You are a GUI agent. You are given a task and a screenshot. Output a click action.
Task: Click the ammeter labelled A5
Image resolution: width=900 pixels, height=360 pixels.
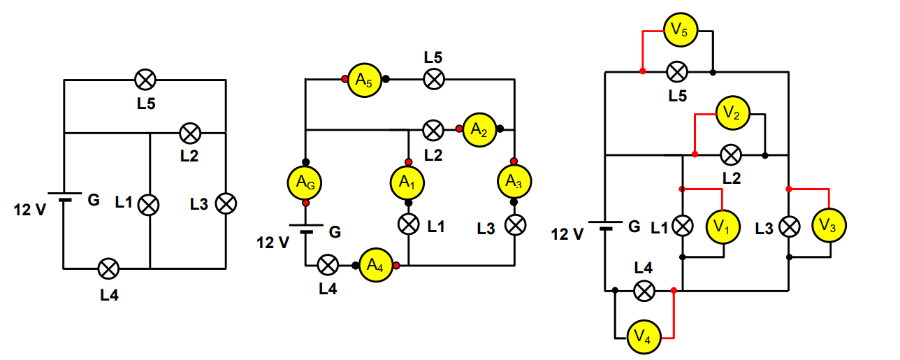[x=363, y=80]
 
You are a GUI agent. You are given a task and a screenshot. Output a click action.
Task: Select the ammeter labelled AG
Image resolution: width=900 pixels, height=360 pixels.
[x=305, y=182]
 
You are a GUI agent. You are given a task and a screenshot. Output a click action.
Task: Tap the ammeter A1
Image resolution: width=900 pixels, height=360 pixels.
[x=407, y=182]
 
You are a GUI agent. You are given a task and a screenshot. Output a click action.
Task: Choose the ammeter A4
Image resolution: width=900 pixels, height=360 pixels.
[x=376, y=266]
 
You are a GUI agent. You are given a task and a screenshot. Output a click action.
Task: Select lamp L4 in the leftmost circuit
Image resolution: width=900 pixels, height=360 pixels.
[x=108, y=268]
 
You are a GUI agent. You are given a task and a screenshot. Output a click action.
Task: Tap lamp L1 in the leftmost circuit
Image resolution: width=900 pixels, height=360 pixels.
[x=148, y=204]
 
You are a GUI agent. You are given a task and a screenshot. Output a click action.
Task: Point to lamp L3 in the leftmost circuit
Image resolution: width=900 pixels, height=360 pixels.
[x=225, y=203]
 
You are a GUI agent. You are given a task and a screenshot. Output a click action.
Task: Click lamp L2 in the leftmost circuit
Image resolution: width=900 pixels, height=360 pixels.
[x=189, y=132]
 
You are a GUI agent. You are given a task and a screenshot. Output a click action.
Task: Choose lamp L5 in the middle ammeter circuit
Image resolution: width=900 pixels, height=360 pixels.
[x=434, y=79]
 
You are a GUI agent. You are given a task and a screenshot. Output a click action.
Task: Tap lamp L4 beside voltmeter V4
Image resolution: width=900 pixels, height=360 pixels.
[x=644, y=289]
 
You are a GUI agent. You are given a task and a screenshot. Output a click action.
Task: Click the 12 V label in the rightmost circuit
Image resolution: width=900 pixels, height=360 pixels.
[x=567, y=233]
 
